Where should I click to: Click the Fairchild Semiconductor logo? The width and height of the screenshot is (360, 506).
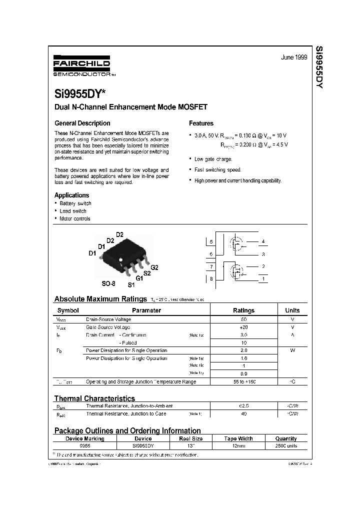click(82, 66)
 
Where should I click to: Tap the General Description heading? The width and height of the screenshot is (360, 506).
click(82, 123)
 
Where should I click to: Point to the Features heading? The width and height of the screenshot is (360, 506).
click(201, 123)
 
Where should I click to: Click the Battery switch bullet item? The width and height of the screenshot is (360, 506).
click(75, 203)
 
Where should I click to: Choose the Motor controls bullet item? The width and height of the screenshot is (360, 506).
click(74, 218)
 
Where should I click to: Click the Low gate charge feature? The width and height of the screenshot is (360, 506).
click(213, 159)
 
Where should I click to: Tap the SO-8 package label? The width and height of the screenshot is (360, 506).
click(108, 283)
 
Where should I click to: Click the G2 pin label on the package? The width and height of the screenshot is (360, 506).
click(154, 267)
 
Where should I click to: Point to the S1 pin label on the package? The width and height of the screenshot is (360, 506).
click(131, 285)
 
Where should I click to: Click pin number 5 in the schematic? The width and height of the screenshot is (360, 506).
click(211, 242)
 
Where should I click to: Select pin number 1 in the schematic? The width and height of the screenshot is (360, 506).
click(263, 278)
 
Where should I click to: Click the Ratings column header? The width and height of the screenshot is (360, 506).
click(243, 310)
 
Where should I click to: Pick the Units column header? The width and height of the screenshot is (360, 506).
click(292, 310)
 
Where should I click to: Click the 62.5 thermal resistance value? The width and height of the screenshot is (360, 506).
click(243, 406)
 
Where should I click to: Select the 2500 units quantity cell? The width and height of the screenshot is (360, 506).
click(286, 445)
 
